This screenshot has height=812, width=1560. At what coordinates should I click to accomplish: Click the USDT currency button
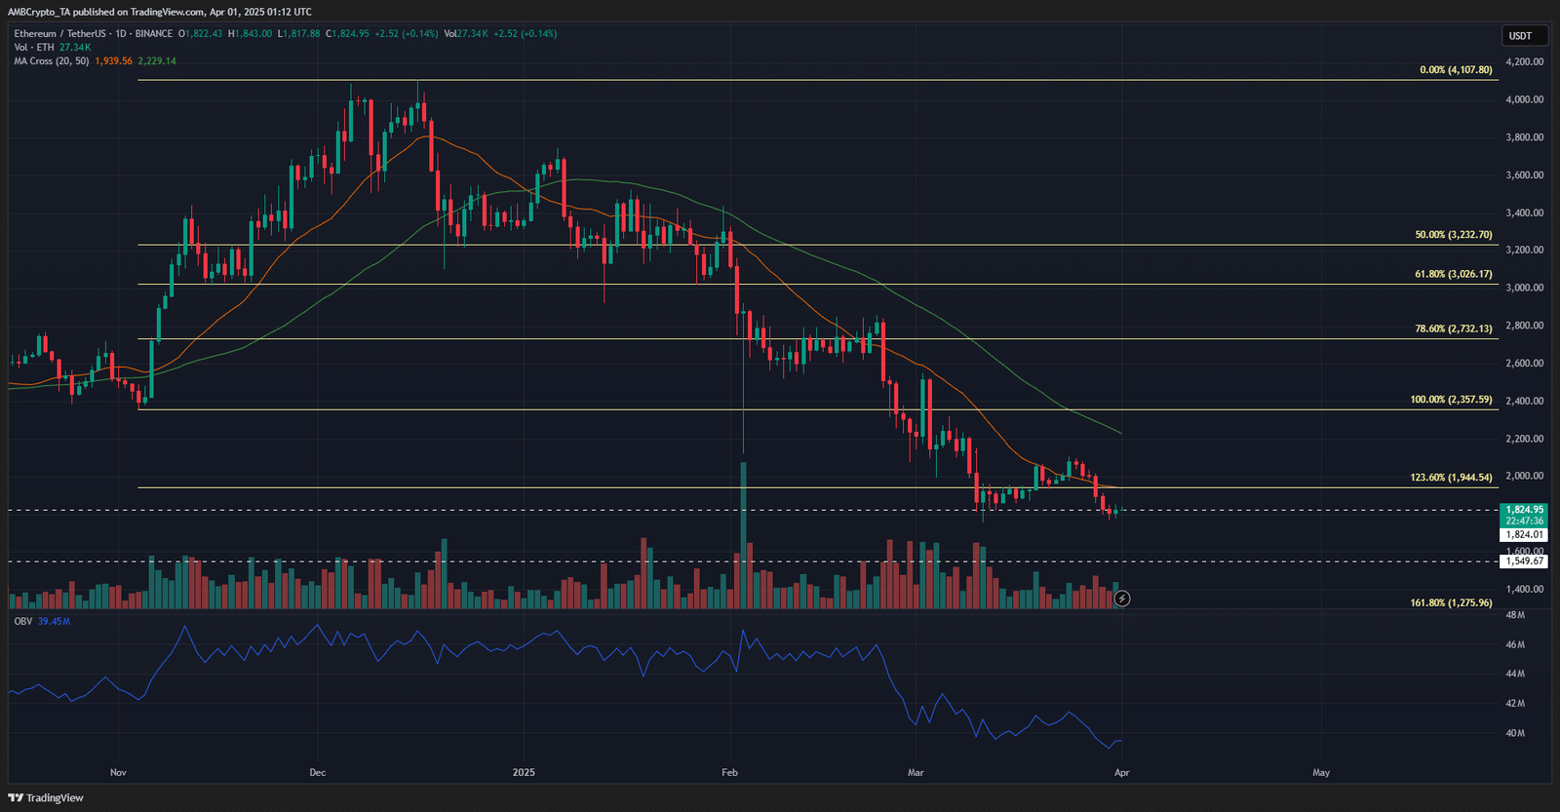tap(1520, 36)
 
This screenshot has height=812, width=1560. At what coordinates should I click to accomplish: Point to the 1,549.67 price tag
tap(1525, 561)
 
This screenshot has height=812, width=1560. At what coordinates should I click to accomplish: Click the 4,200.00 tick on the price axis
tap(1524, 61)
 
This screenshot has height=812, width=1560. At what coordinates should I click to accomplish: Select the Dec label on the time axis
tap(318, 773)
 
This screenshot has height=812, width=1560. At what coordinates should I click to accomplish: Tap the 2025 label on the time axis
tap(524, 773)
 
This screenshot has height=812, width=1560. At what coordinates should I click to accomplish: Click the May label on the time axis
tap(1321, 773)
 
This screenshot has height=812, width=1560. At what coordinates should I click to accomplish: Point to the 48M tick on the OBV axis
tap(1515, 615)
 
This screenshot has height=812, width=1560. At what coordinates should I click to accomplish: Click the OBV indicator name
tap(22, 621)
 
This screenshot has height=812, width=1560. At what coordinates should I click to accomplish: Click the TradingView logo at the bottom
tap(46, 797)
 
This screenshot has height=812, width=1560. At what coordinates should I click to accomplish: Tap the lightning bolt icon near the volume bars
tap(1122, 599)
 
